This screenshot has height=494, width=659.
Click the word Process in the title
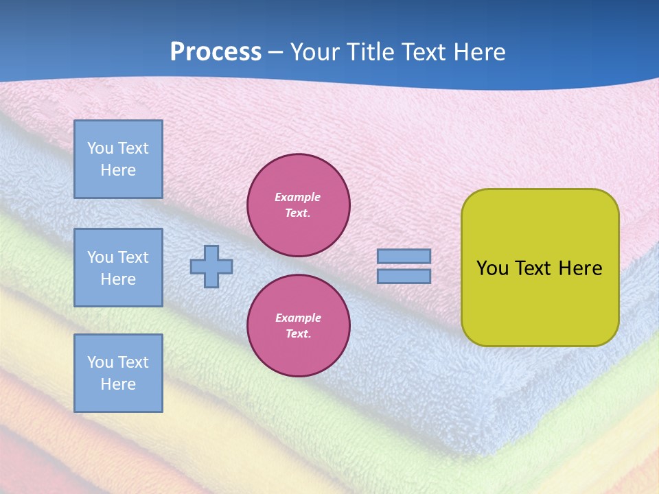click(x=216, y=52)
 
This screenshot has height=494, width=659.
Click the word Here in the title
click(x=480, y=52)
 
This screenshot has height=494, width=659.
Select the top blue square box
click(x=118, y=159)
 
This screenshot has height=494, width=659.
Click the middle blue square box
click(x=118, y=268)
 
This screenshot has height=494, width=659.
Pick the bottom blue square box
click(x=118, y=373)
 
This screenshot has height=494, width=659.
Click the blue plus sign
click(x=211, y=266)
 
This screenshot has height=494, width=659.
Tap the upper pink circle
click(x=299, y=205)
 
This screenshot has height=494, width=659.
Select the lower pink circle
click(x=299, y=326)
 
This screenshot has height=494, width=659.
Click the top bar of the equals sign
click(x=404, y=256)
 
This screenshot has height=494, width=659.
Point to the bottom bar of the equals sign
click(x=404, y=277)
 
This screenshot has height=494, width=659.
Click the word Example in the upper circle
click(x=298, y=197)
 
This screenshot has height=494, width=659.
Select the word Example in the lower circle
click(x=298, y=318)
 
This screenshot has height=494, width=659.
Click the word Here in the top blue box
click(x=118, y=170)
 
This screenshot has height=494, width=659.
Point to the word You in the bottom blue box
click(x=100, y=362)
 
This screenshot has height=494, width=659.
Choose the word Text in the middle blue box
click(x=132, y=257)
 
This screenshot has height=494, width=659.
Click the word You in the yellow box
click(x=492, y=268)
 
